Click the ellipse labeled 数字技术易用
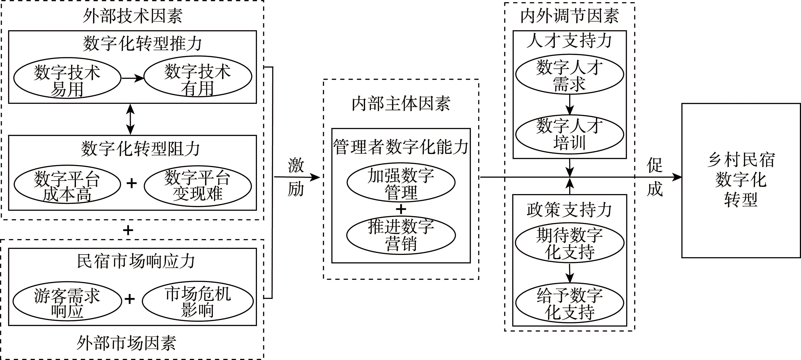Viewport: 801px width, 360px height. (67, 78)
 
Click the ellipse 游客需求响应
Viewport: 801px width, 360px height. (67, 301)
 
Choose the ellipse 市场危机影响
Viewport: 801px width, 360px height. (198, 301)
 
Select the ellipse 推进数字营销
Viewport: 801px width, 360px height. (401, 235)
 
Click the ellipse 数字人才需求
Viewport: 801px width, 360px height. (569, 74)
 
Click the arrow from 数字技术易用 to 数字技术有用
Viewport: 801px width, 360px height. (132, 78)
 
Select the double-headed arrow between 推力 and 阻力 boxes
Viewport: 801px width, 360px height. (130, 119)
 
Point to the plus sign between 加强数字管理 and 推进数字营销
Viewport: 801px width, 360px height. (401, 209)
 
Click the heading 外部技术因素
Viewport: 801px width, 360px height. (132, 16)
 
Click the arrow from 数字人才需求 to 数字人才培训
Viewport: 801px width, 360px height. (569, 105)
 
